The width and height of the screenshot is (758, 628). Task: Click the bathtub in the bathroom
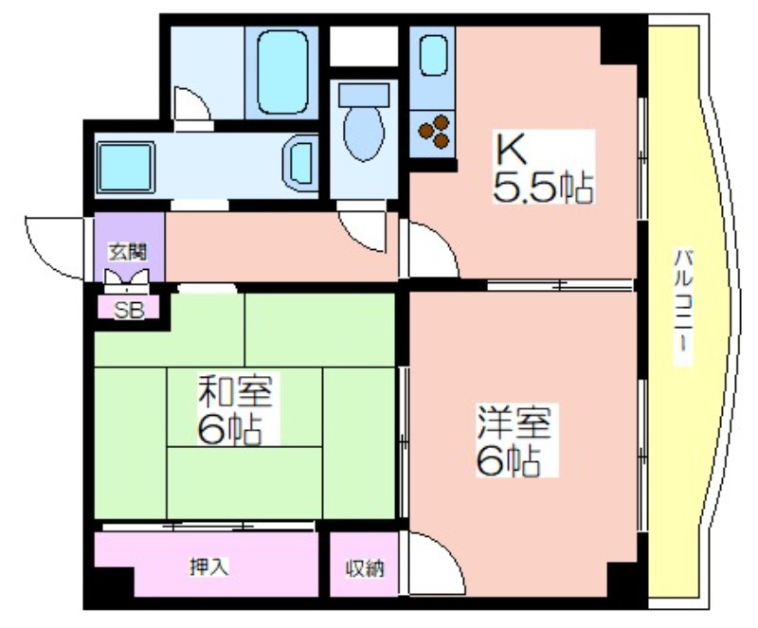pos(282,72)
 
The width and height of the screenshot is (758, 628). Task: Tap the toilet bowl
pos(364,134)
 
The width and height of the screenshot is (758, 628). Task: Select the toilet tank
pos(364,95)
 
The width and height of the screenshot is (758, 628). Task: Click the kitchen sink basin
pos(433,56)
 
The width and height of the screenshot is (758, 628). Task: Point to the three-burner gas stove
pos(433,131)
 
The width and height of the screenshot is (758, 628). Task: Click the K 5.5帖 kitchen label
pos(543,168)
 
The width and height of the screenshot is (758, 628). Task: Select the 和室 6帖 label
pos(236,409)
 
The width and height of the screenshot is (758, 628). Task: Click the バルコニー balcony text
pos(683,307)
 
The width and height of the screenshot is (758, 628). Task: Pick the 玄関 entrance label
pos(128,252)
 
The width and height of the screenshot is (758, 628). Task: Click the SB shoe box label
pos(129,310)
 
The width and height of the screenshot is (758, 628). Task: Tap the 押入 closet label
pos(208,566)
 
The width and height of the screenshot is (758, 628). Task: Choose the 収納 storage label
pos(365,568)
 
